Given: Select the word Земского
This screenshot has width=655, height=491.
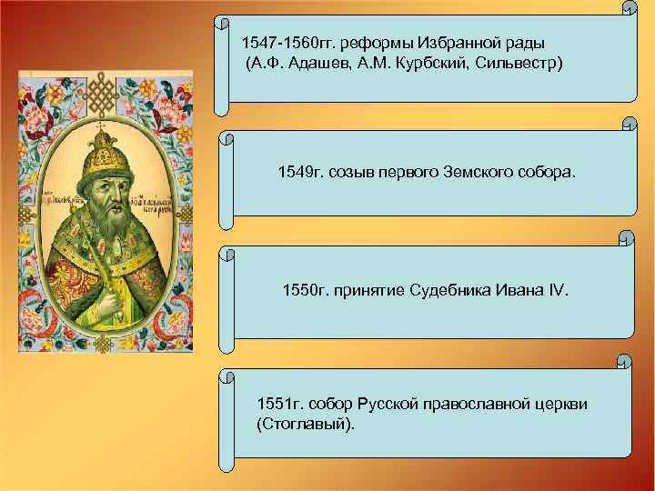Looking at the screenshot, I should [478, 172].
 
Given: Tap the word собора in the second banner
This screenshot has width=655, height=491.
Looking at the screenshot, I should [546, 172].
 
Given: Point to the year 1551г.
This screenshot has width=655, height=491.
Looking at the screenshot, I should [280, 404].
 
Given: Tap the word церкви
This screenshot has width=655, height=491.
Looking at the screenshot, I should [562, 404].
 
